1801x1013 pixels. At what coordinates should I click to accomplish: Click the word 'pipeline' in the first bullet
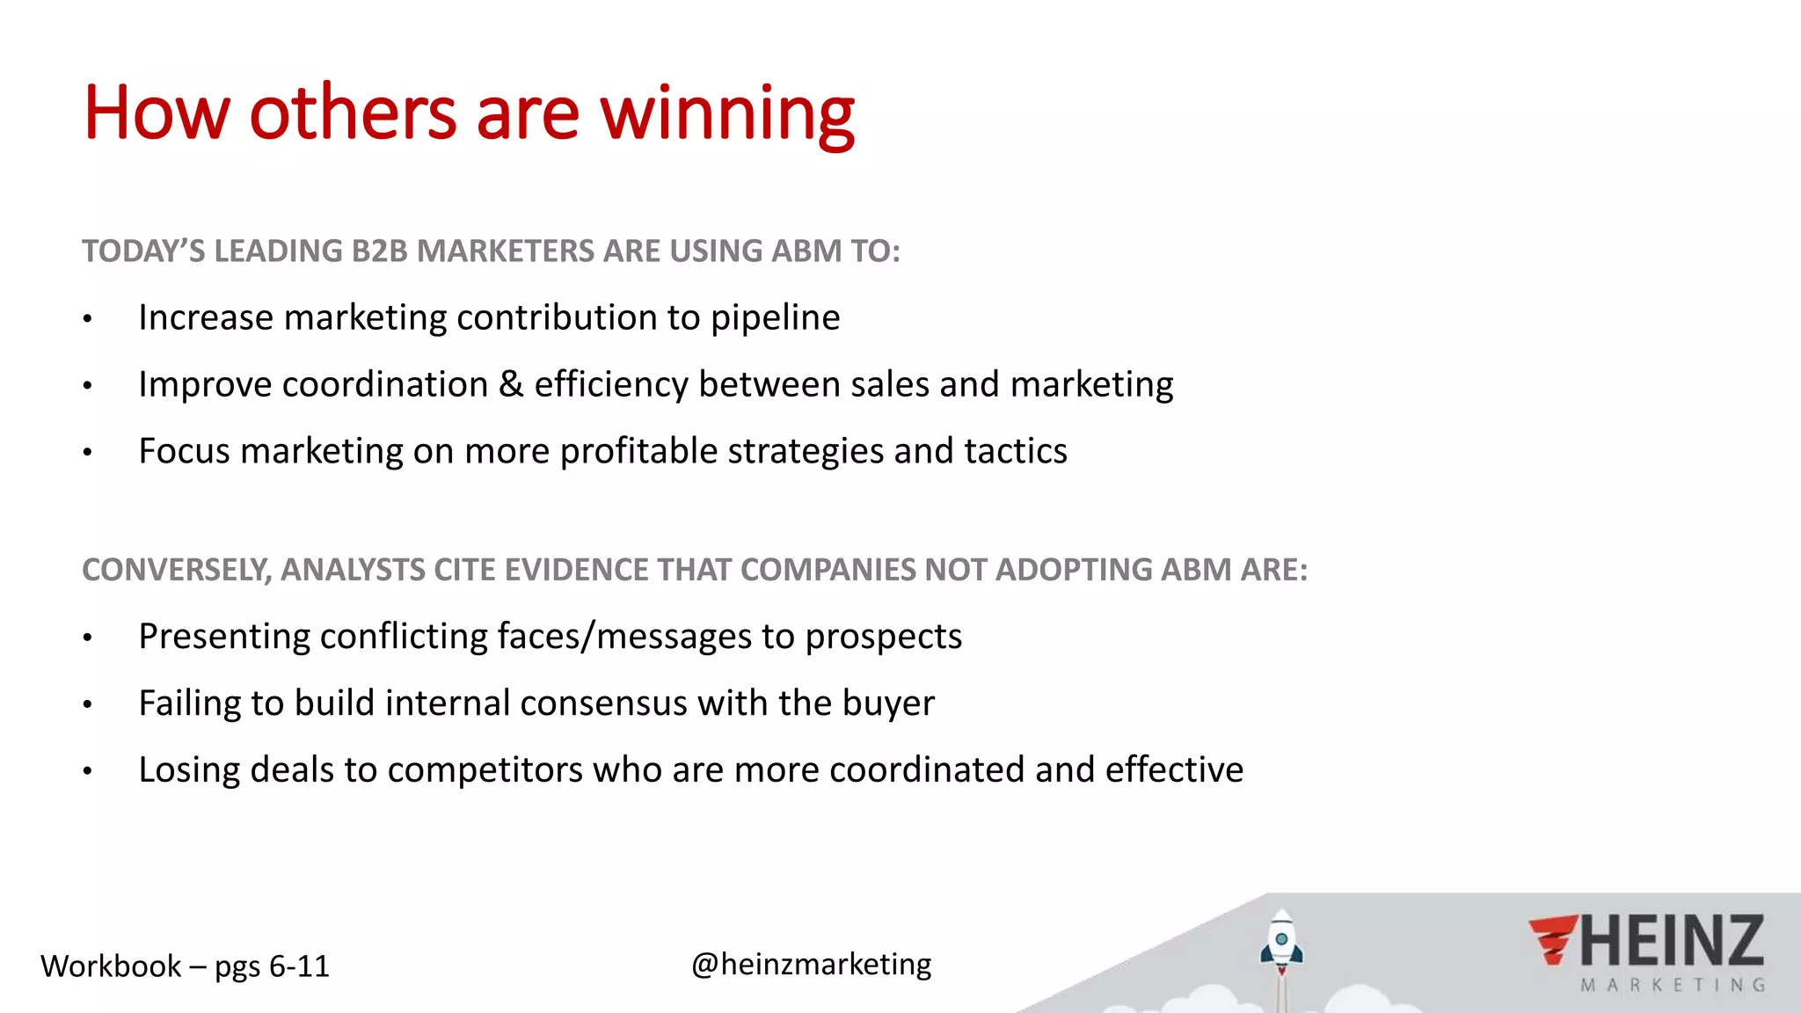775,318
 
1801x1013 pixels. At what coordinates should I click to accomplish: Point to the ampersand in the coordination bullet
511,384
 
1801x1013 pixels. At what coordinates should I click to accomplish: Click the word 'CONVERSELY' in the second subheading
174,570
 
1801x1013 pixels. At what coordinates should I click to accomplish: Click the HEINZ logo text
1672,942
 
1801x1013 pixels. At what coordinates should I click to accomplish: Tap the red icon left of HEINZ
1552,940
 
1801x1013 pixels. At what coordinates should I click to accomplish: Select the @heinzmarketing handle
811,965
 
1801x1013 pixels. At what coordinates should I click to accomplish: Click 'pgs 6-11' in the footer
272,967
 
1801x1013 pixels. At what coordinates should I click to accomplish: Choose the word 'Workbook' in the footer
111,966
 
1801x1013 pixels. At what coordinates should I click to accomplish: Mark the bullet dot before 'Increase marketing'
87,319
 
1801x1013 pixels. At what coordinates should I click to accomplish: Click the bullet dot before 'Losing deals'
87,771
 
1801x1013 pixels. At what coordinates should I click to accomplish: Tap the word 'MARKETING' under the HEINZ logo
1672,986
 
